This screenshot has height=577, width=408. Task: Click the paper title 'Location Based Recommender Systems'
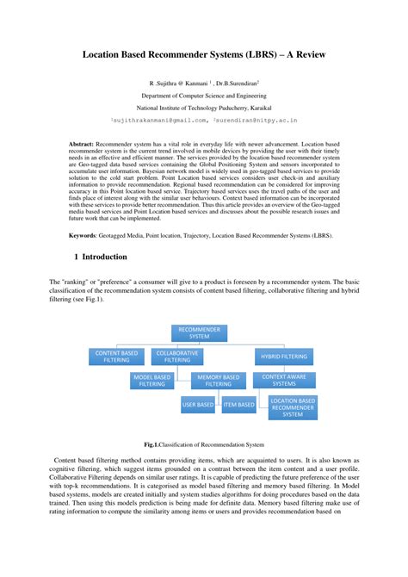204,53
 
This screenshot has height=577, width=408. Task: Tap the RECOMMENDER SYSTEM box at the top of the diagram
199,332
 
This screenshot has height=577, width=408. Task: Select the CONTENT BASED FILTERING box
117,357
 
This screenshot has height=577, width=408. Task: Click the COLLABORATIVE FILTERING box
178,357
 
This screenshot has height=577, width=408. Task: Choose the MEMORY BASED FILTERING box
219,380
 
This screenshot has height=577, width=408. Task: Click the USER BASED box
199,404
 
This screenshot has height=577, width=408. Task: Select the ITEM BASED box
239,404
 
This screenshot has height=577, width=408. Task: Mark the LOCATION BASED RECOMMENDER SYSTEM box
294,407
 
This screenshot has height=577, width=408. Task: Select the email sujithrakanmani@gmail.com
159,121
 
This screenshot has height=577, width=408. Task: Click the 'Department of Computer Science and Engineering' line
204,96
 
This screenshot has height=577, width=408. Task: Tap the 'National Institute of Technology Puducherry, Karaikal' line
204,109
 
